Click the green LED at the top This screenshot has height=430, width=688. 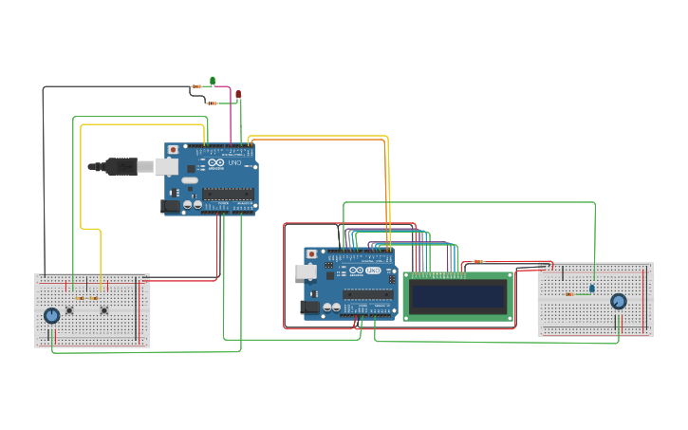tap(213, 81)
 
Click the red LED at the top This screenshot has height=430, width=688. tap(238, 94)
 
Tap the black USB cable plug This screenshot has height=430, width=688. tap(120, 167)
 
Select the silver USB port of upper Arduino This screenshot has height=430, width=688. tap(166, 166)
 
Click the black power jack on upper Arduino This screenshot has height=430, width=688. tap(171, 205)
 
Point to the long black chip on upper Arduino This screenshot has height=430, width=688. tap(228, 194)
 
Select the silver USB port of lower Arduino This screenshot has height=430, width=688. tap(306, 271)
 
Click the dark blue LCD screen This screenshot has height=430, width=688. tap(457, 297)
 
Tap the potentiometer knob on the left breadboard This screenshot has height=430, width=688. tap(51, 315)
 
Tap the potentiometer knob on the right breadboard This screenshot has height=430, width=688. tap(619, 302)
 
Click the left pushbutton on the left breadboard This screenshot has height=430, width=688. tap(69, 309)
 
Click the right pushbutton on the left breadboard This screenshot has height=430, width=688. tap(103, 309)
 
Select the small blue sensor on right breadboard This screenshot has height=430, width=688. tap(592, 288)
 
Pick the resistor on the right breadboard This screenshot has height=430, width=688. tap(569, 294)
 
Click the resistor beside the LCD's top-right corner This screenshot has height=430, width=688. tap(478, 261)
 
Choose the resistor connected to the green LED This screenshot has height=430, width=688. tap(196, 86)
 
